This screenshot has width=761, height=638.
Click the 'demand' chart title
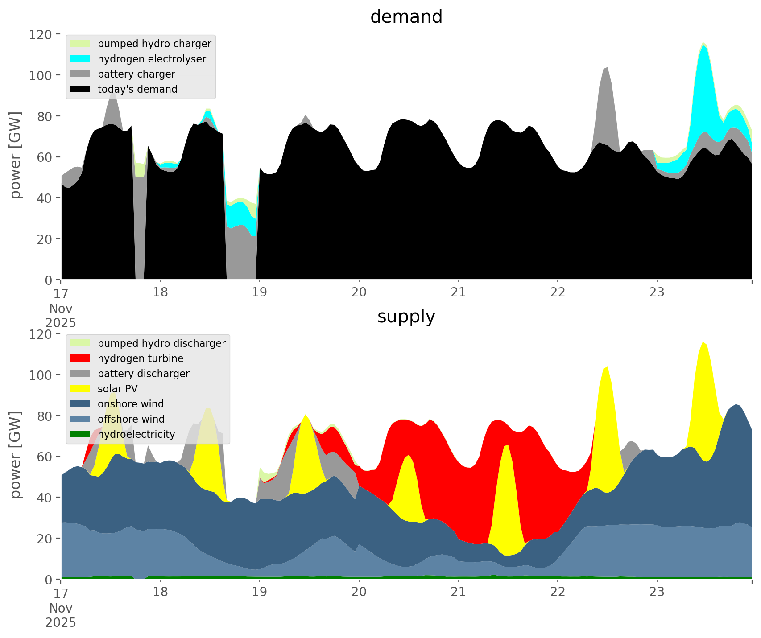(406, 17)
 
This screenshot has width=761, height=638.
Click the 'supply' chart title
(406, 317)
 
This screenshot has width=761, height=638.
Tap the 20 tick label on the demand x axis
(359, 292)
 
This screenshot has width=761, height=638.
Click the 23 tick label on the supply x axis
(657, 592)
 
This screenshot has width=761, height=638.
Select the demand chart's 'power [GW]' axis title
(16, 155)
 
